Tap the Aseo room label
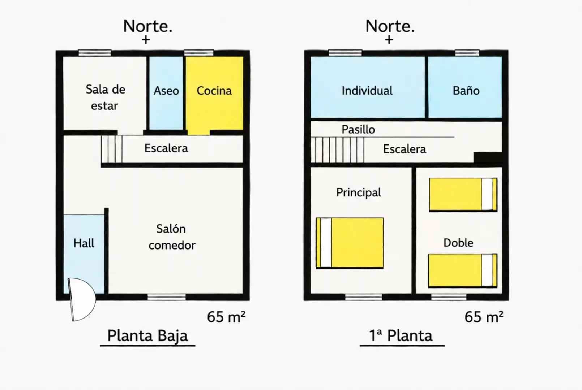(166, 91)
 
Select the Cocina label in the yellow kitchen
(214, 91)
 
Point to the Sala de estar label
(105, 97)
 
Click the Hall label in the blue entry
(84, 243)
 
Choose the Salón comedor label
(172, 237)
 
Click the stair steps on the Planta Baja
(112, 149)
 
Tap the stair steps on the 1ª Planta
(337, 150)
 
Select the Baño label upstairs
(466, 91)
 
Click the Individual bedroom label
(367, 91)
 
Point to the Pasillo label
(358, 130)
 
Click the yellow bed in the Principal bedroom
(350, 243)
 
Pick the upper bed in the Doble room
(463, 195)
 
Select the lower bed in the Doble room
(463, 270)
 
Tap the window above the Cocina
(199, 53)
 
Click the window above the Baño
(467, 53)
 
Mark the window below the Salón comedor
(167, 297)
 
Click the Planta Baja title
(147, 335)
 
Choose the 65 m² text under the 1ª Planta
(484, 317)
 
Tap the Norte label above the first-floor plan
(390, 26)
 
